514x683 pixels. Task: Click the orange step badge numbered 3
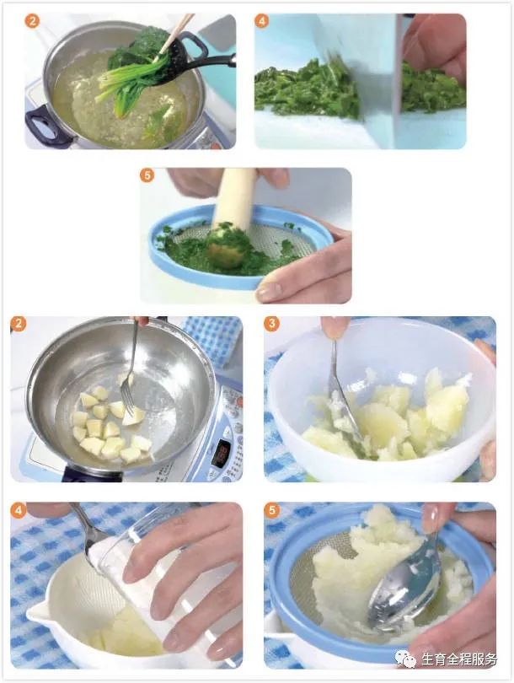coord(272,324)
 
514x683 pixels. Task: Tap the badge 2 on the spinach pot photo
coord(32,20)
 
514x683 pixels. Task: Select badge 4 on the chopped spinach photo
coord(261,20)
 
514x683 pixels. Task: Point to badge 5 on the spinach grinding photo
coord(147,175)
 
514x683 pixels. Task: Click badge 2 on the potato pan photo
coord(19,324)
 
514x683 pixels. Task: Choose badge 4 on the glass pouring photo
coord(19,510)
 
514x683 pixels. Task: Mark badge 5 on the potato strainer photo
coord(272,510)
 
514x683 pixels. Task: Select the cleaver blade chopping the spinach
coord(377,78)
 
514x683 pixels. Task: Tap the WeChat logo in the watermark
coord(405,659)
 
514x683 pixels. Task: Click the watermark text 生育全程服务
coord(458,659)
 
